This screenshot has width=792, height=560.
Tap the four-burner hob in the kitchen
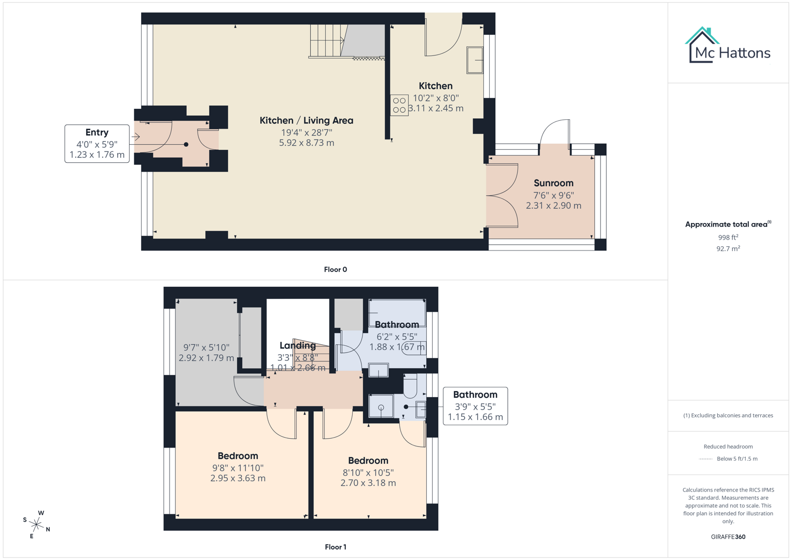[x=399, y=105]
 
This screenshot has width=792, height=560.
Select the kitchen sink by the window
[x=475, y=60]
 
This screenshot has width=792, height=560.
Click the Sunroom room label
[x=553, y=183]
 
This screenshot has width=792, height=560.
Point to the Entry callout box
[x=97, y=144]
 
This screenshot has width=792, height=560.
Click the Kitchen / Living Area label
[x=306, y=120]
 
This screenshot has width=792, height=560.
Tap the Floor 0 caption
[x=335, y=270]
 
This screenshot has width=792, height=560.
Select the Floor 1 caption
[x=335, y=547]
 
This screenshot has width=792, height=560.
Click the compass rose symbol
[x=36, y=524]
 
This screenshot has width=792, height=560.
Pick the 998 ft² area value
[x=728, y=237]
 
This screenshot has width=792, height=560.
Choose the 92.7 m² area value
[x=728, y=249]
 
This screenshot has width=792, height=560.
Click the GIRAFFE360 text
[x=728, y=537]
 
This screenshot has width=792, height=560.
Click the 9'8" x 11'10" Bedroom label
[x=238, y=456]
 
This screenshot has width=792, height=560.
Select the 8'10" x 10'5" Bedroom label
[x=368, y=460]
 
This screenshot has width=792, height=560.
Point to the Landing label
[x=297, y=345]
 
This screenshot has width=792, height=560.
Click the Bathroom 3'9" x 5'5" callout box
[x=475, y=406]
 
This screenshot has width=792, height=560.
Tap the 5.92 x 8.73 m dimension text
[x=306, y=143]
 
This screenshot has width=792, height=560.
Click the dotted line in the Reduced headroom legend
[x=705, y=459]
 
